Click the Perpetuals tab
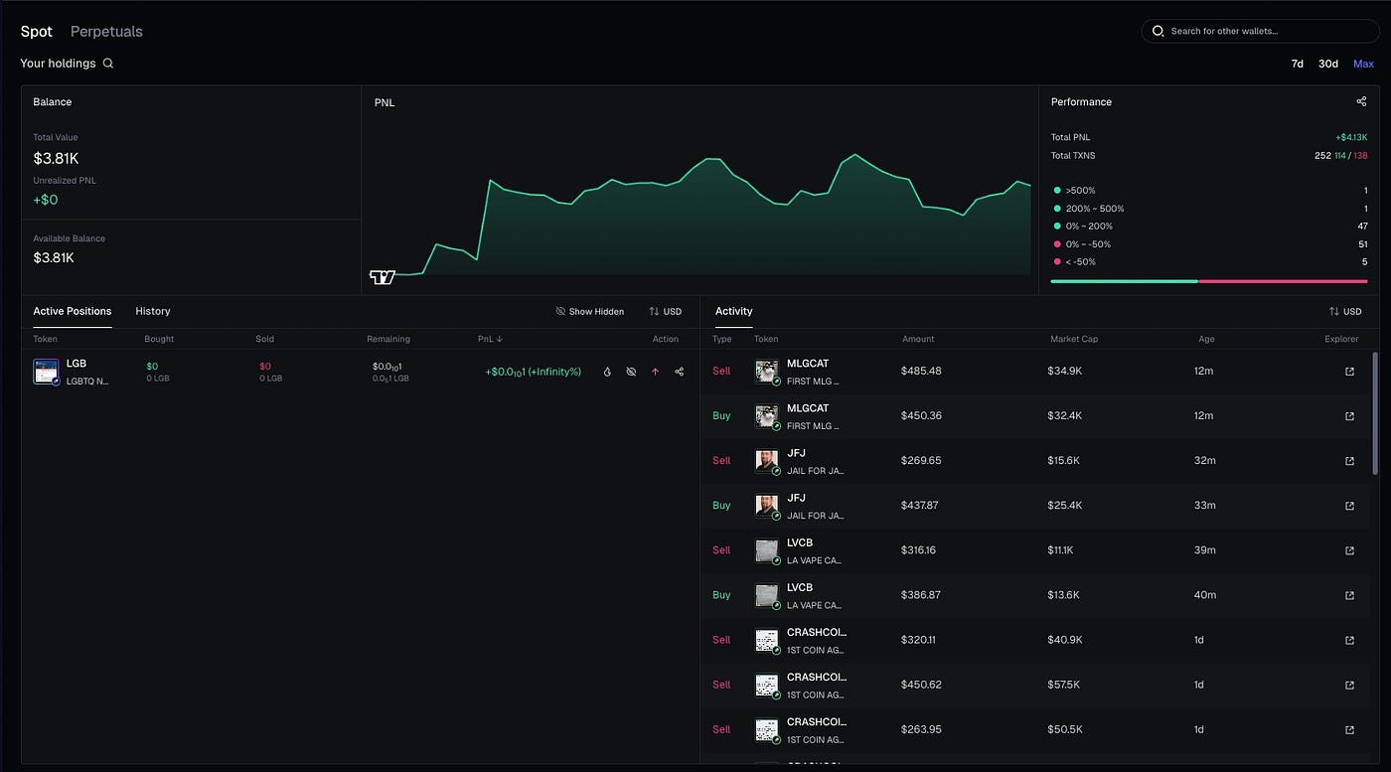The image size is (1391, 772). pyautogui.click(x=106, y=32)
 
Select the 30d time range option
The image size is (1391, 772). pyautogui.click(x=1327, y=64)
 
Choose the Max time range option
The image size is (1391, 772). pyautogui.click(x=1363, y=64)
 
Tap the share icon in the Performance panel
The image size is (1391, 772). pyautogui.click(x=1361, y=101)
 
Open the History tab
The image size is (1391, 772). pyautogui.click(x=153, y=311)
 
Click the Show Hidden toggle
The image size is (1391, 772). pyautogui.click(x=590, y=312)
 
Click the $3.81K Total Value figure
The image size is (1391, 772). pyautogui.click(x=56, y=158)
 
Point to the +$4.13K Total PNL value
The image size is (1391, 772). pyautogui.click(x=1351, y=137)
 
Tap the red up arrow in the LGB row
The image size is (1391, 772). pyautogui.click(x=655, y=372)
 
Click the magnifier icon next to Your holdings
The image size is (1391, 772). pyautogui.click(x=108, y=64)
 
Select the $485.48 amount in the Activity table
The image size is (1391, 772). pyautogui.click(x=921, y=371)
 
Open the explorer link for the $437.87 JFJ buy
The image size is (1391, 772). pyautogui.click(x=1349, y=506)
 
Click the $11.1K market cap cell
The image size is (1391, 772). pyautogui.click(x=1063, y=550)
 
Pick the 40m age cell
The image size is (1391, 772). pyautogui.click(x=1204, y=595)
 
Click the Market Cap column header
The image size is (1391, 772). pyautogui.click(x=1073, y=339)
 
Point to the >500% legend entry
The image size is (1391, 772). pyautogui.click(x=1081, y=191)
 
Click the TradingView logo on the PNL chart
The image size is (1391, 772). pyautogui.click(x=383, y=277)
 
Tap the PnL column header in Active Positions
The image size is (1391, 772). pyautogui.click(x=490, y=339)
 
